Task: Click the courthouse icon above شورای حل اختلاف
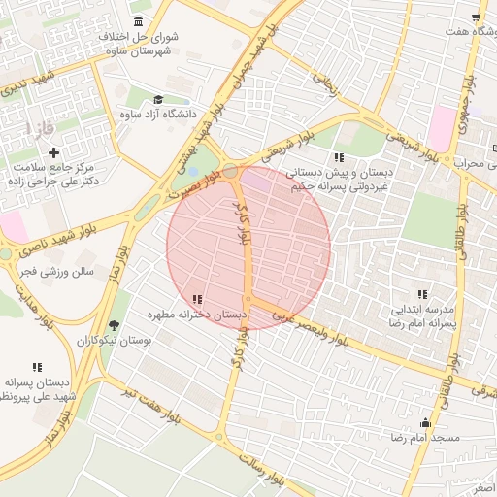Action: pos(138,21)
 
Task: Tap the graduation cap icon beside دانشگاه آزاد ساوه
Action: pos(158,98)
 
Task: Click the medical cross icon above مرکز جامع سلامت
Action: pos(53,152)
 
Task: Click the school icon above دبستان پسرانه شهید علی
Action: pos(37,367)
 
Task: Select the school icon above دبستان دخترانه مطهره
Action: pos(198,299)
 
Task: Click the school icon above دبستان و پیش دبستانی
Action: pos(338,157)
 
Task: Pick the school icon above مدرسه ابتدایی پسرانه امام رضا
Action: pos(422,294)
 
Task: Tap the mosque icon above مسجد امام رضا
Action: pos(425,422)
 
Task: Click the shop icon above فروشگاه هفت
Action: pos(476,17)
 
